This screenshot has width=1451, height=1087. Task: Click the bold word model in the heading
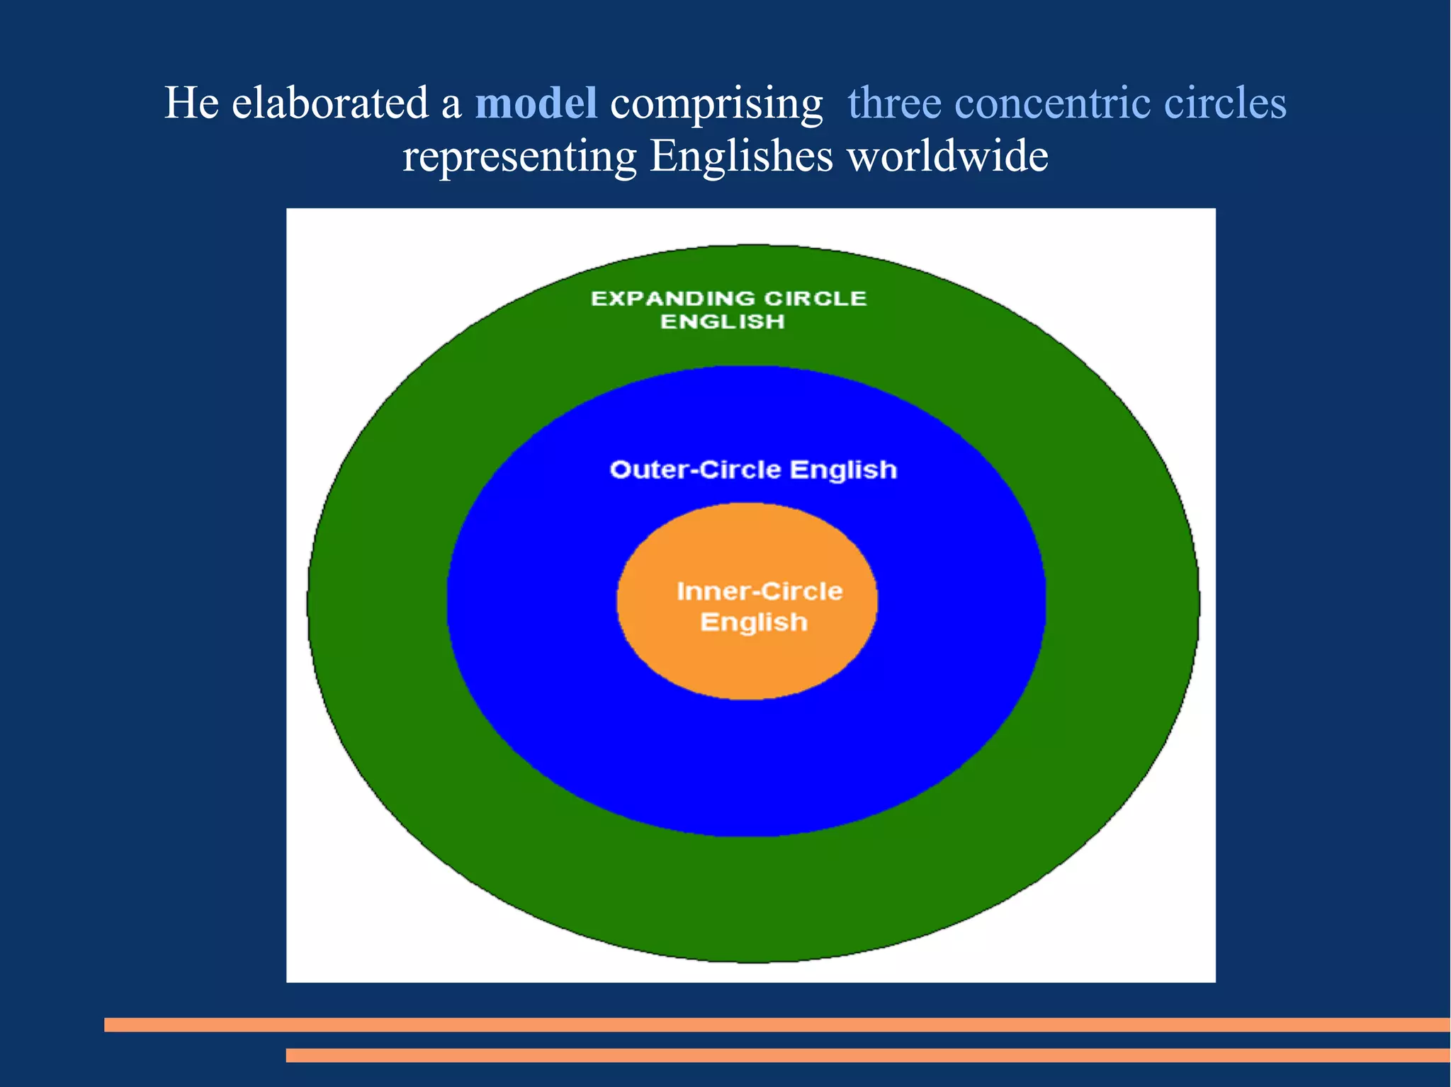[x=536, y=103]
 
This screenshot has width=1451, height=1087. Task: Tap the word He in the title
[x=191, y=103]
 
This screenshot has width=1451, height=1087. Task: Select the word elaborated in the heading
[x=330, y=103]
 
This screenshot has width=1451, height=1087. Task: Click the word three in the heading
[x=894, y=103]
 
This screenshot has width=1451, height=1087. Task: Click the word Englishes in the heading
[x=741, y=157]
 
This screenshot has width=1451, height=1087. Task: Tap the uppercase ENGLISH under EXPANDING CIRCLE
[x=723, y=321]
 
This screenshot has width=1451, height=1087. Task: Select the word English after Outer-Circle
[x=843, y=470]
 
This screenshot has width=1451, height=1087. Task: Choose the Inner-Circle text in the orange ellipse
[x=760, y=591]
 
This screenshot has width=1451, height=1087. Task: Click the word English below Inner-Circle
[x=754, y=622]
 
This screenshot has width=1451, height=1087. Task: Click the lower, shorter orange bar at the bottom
[x=867, y=1055]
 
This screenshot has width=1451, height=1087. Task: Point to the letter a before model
[x=451, y=104]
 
